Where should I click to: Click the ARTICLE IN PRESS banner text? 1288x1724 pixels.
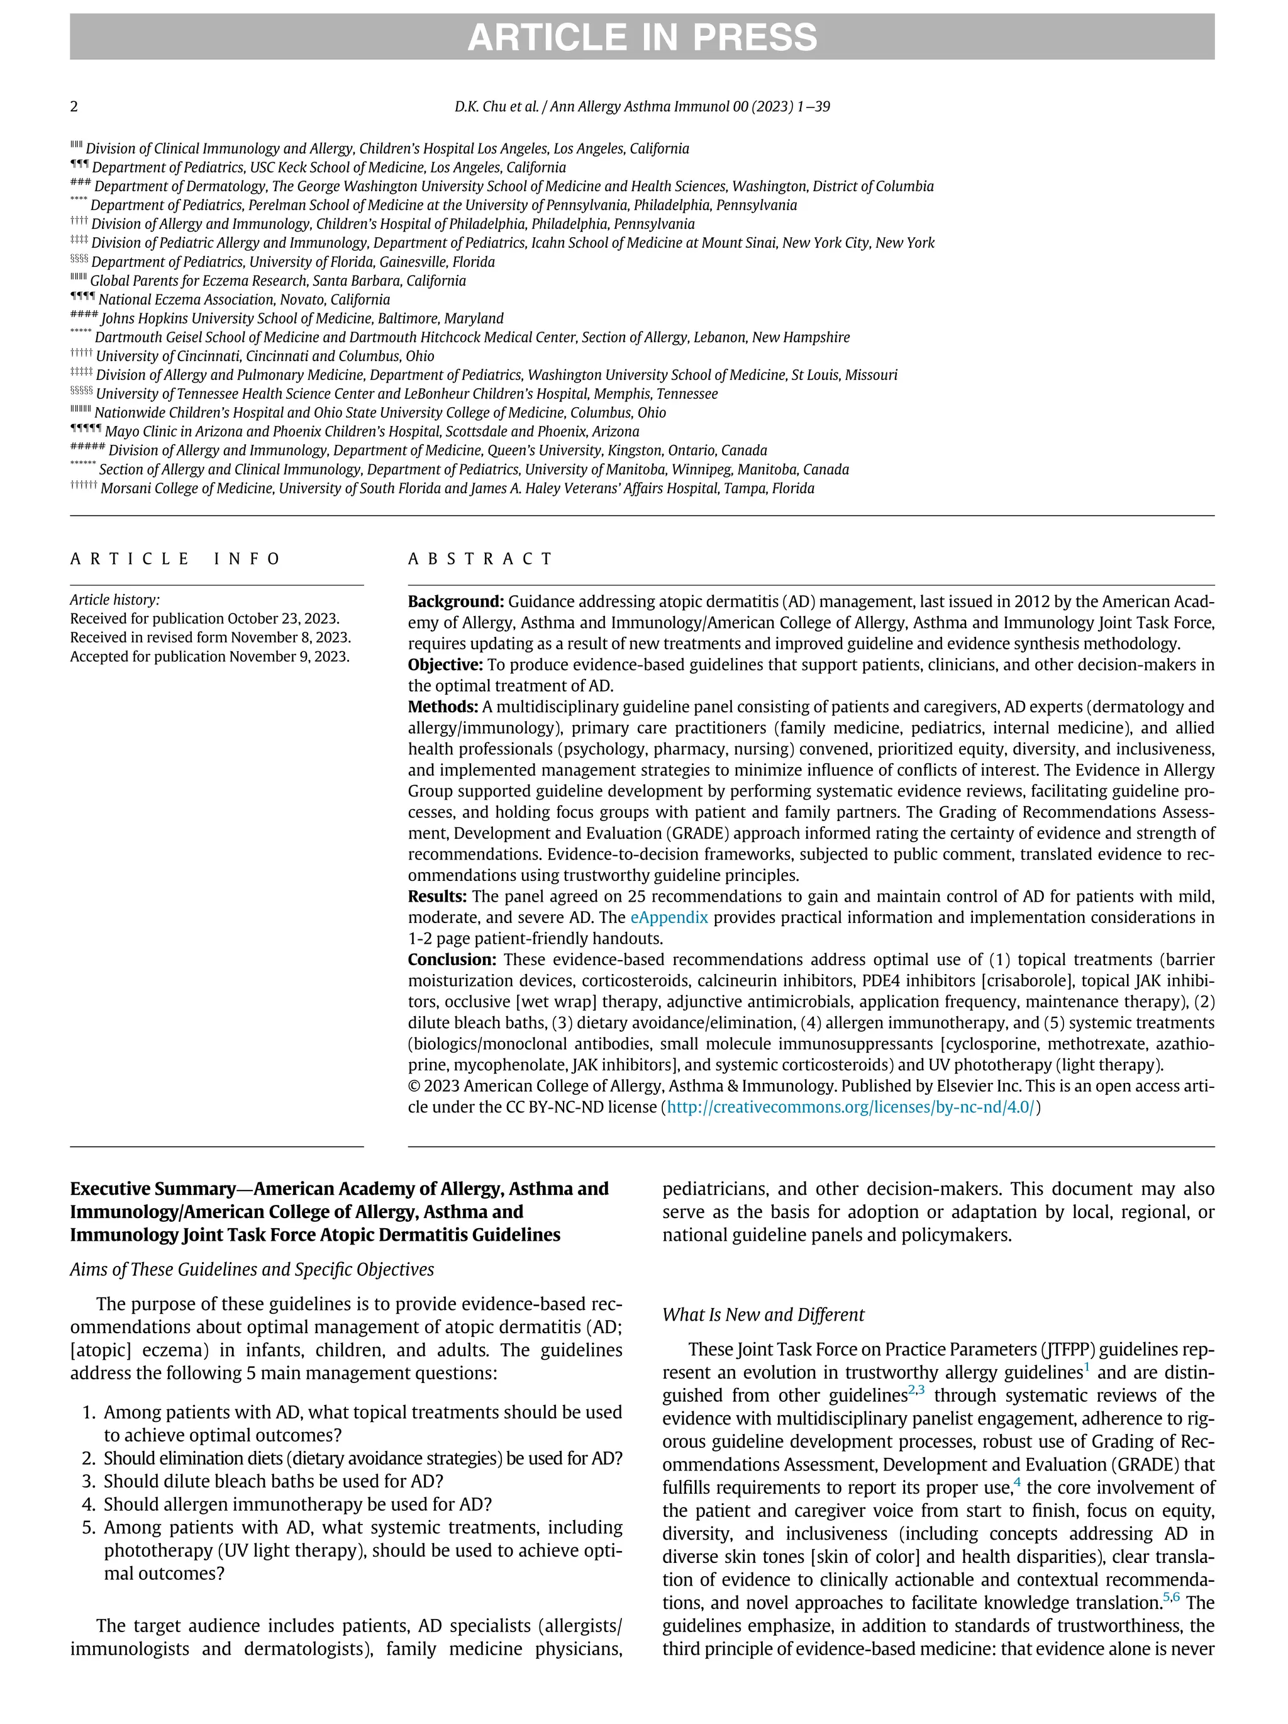[x=642, y=37]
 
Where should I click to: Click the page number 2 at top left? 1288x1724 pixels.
[x=74, y=107]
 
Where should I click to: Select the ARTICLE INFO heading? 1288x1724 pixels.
[x=175, y=559]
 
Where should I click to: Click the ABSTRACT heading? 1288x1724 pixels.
[x=480, y=559]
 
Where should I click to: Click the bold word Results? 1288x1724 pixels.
[x=437, y=897]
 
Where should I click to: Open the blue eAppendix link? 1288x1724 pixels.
[x=669, y=917]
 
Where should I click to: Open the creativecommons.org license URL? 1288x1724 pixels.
[x=851, y=1107]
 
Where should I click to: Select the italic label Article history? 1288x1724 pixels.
[x=114, y=600]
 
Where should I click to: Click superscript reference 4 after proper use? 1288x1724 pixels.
[x=1018, y=1482]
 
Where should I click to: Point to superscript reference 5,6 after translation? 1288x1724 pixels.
[x=1171, y=1597]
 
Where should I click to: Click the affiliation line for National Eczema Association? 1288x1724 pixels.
[x=243, y=299]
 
